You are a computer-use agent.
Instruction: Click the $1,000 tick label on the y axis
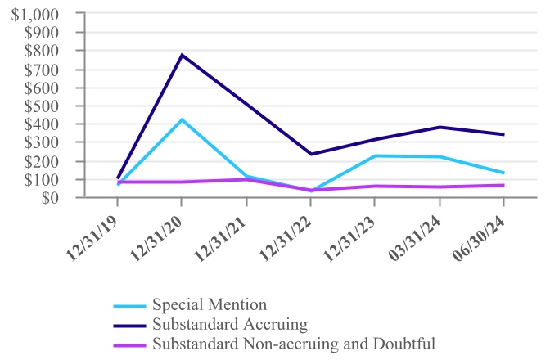point(35,15)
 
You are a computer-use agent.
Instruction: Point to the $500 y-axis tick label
point(42,106)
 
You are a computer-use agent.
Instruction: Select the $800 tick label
point(42,52)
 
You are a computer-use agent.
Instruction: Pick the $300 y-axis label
point(42,143)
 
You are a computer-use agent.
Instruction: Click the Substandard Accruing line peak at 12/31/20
point(182,55)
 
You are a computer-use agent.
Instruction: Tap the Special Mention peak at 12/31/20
point(182,119)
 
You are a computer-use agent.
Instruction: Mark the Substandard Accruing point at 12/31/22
point(311,154)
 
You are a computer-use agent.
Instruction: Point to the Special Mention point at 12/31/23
point(375,155)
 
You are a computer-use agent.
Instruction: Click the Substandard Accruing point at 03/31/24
point(440,127)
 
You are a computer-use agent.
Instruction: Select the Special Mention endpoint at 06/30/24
point(503,173)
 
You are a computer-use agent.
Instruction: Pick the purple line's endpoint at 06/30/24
point(503,185)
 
